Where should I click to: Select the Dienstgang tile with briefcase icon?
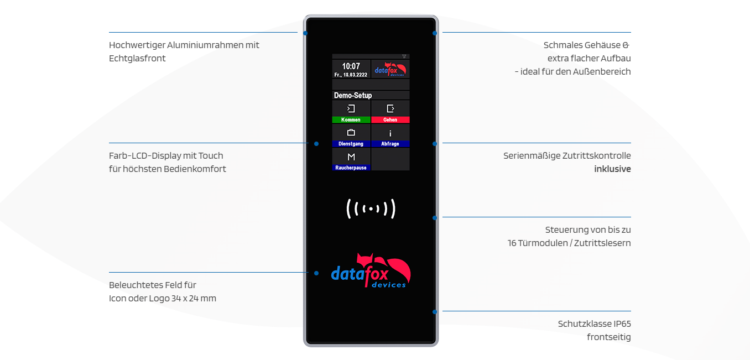tap(351, 135)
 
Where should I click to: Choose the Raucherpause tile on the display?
tap(351, 159)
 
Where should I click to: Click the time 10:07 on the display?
tap(351, 66)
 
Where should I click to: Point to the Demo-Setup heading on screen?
tap(353, 96)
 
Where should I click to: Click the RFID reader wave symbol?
tap(371, 208)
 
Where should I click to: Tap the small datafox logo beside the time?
tap(390, 69)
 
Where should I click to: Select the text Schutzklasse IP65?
tap(594, 324)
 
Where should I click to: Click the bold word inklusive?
tap(612, 169)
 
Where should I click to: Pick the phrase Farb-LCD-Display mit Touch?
tap(166, 155)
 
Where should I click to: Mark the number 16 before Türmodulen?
tap(512, 243)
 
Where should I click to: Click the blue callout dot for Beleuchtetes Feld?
tap(316, 273)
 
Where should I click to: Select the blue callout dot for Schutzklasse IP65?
tap(435, 312)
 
